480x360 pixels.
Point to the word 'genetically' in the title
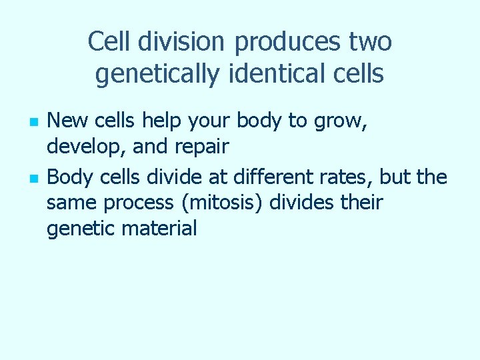[157, 73]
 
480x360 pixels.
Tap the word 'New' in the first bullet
[65, 121]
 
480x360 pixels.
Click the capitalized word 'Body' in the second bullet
[67, 177]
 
